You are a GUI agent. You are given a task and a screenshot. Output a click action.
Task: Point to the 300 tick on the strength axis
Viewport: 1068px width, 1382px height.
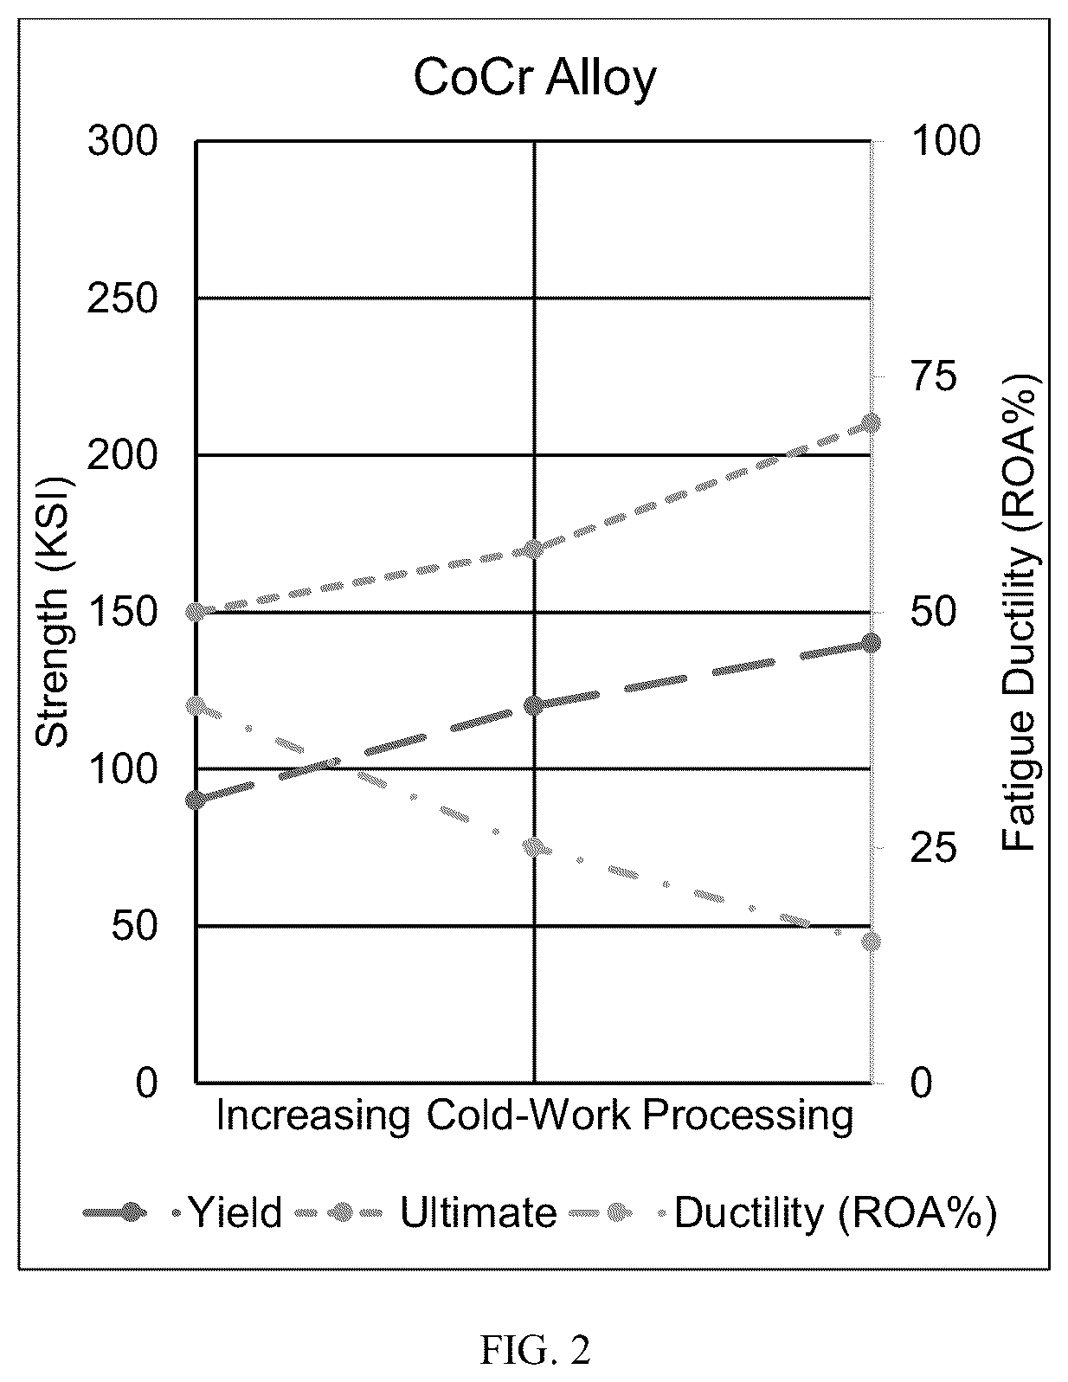122,140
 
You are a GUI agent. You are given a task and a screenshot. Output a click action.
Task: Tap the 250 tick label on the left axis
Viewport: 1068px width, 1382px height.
122,299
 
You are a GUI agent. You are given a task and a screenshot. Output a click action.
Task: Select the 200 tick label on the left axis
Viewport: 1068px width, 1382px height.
122,455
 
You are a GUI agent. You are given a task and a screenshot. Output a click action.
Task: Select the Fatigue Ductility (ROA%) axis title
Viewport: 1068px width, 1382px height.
1020,612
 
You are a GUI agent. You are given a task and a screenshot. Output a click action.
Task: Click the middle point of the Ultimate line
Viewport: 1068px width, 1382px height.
534,549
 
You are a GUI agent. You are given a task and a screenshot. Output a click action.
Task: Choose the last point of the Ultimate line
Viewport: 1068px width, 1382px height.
871,423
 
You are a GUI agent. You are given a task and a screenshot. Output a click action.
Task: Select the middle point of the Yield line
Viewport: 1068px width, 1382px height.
534,706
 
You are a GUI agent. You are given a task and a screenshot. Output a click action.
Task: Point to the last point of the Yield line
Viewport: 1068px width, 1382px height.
871,643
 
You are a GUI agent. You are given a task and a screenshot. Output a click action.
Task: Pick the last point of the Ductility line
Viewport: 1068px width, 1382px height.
872,942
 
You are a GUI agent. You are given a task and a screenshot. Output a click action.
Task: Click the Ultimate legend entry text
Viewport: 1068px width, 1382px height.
478,1213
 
